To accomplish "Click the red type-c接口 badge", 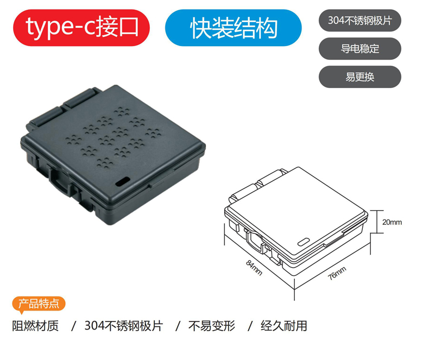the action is (81, 28).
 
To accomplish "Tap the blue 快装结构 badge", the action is (234, 28).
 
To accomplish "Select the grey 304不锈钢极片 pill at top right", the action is (360, 21).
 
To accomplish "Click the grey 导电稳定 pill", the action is (360, 49).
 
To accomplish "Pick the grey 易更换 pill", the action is (360, 77).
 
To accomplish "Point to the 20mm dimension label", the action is (392, 222).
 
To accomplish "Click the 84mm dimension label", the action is (254, 268).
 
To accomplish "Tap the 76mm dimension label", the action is (337, 273).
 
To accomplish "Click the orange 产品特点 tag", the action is (39, 304).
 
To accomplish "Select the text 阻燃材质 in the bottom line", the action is (35, 326).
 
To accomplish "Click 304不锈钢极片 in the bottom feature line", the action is (124, 326).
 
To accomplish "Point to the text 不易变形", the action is (212, 326).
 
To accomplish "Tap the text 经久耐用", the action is (284, 326).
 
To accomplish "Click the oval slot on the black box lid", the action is (123, 182).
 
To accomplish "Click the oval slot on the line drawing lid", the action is (304, 242).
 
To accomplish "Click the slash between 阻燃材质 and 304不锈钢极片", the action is (73, 326).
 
